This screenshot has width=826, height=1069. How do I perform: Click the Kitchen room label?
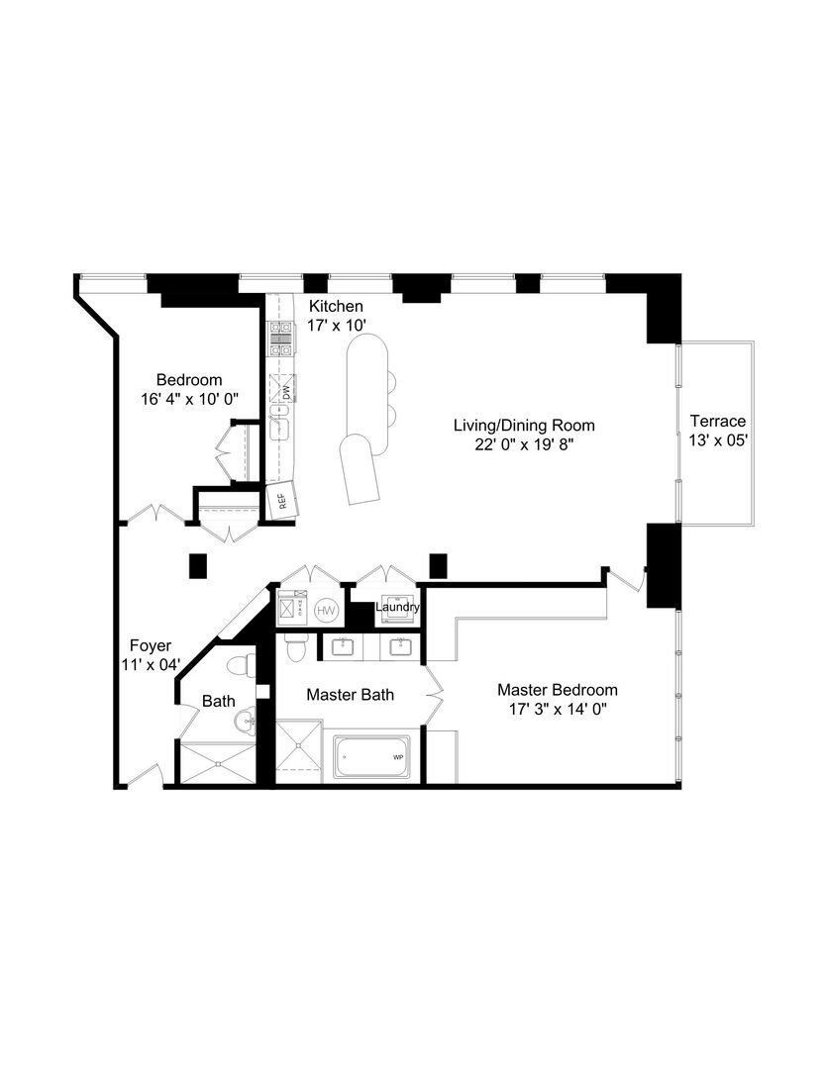pos(335,306)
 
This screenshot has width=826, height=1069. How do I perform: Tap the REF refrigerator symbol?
pos(280,500)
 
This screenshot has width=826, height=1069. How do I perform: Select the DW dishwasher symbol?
pos(283,393)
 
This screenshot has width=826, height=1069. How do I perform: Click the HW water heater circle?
pos(327,612)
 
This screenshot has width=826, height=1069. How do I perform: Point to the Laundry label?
pos(398,607)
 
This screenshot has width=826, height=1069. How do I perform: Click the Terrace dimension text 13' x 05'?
pos(718,440)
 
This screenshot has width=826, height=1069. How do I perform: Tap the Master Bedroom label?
pos(557,690)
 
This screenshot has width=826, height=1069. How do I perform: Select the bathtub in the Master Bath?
pos(373,758)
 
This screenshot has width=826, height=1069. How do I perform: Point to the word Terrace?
pos(718,421)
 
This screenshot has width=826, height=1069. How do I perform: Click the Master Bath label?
pos(350,695)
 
